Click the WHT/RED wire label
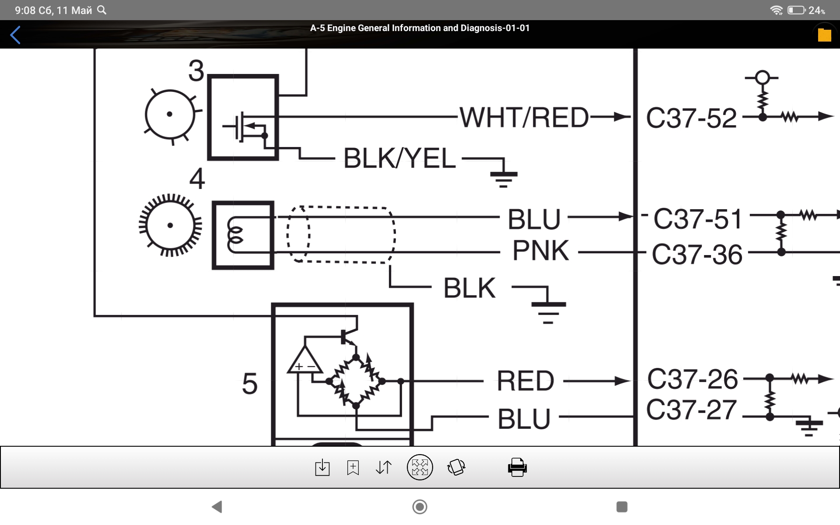[524, 117]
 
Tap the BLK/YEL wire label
[399, 158]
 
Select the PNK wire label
[541, 251]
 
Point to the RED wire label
[525, 381]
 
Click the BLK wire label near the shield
[469, 288]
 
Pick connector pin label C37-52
[691, 118]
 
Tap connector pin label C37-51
[698, 219]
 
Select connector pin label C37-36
[697, 255]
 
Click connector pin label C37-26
[693, 379]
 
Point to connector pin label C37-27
[691, 410]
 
